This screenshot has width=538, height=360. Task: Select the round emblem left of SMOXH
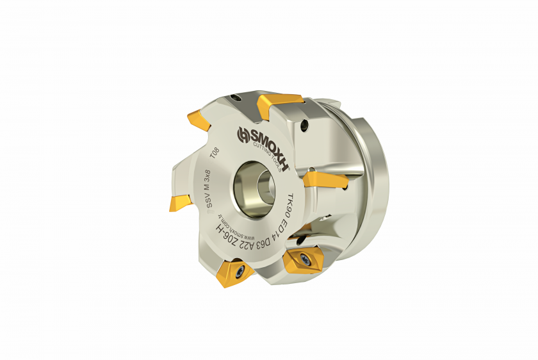(243, 134)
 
